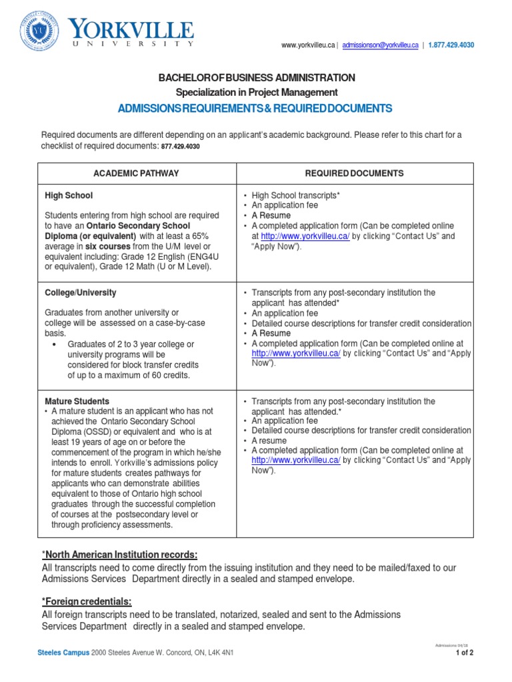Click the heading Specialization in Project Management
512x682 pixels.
256,93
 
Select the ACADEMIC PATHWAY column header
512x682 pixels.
136,173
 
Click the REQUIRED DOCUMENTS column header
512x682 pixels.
354,173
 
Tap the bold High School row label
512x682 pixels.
69,196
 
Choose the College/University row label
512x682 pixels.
80,293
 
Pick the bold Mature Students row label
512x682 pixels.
77,402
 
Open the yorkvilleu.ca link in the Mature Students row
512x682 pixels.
296,460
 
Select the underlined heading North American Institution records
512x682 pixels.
119,555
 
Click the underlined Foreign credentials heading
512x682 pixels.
86,602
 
